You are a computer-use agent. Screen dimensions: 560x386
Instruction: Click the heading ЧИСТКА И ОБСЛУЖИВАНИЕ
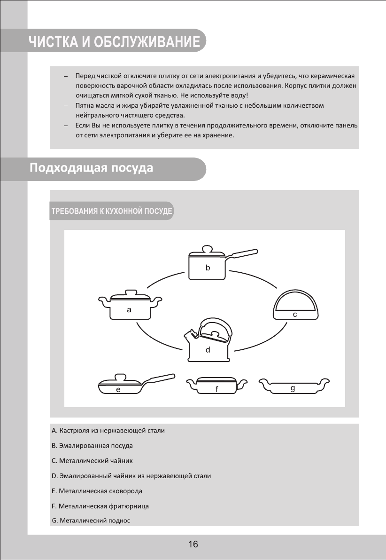pyautogui.click(x=114, y=42)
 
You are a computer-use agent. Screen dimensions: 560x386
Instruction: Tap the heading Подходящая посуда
pyautogui.click(x=92, y=168)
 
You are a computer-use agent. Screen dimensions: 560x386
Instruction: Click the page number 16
pyautogui.click(x=193, y=544)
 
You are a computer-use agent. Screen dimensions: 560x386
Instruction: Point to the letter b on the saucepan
pyautogui.click(x=207, y=268)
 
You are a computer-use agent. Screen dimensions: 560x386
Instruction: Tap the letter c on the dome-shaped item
pyautogui.click(x=294, y=315)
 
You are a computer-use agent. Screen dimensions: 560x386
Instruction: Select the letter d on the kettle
pyautogui.click(x=208, y=350)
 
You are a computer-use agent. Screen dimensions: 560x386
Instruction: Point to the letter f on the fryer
pyautogui.click(x=217, y=389)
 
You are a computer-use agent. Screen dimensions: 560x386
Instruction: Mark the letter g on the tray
pyautogui.click(x=293, y=388)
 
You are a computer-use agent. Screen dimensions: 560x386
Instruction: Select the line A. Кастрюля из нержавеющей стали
pyautogui.click(x=108, y=430)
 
